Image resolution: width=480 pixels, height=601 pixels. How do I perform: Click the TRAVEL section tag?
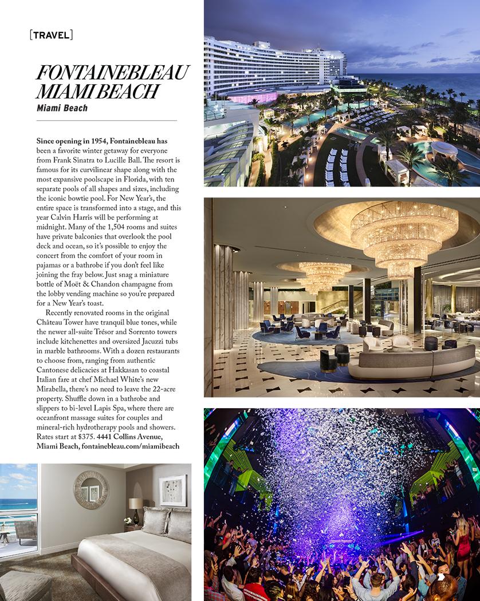coord(51,35)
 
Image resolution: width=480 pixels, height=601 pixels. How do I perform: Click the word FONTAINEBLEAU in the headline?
coord(112,74)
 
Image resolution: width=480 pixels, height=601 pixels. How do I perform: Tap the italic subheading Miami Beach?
coord(62,108)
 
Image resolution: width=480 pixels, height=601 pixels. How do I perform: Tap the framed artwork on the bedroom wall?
coord(172,490)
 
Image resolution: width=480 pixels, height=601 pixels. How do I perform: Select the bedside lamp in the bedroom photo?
coord(135,509)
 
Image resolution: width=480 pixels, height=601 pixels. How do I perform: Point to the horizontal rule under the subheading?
coord(107,121)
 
